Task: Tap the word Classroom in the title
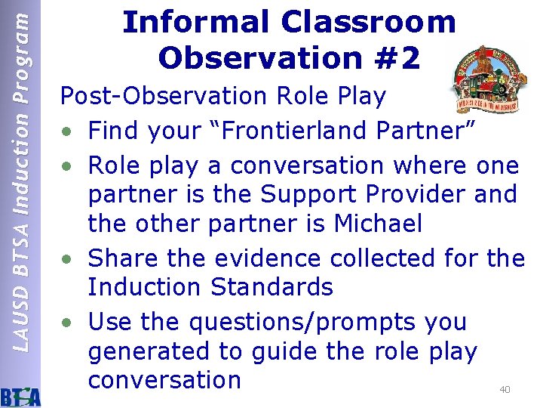[369, 23]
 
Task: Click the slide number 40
[505, 390]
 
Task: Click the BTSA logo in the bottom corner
[21, 394]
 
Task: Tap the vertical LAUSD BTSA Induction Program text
[23, 181]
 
